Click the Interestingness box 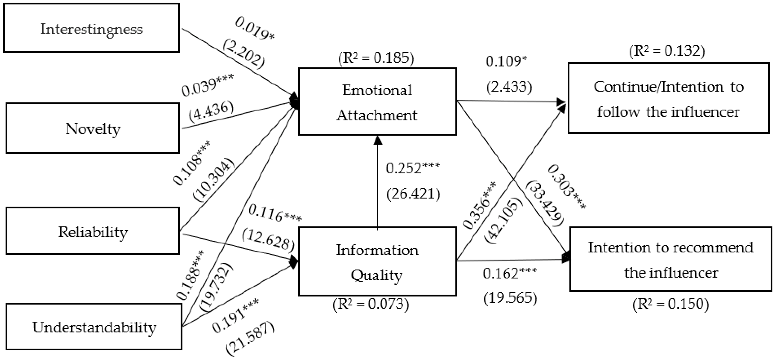[91, 28]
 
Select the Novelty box [93, 128]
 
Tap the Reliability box [93, 231]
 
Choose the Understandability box [94, 327]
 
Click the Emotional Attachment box [377, 102]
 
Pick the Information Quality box [377, 262]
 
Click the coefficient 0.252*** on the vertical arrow [413, 168]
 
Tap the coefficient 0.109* [506, 61]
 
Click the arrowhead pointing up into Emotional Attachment [378, 140]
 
